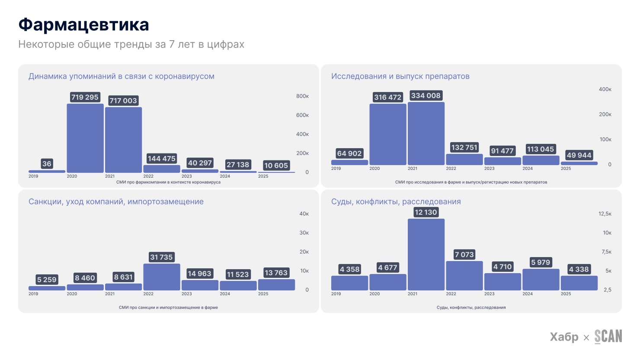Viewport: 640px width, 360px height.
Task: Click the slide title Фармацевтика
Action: (x=83, y=25)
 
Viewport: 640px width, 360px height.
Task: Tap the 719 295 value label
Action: (x=85, y=97)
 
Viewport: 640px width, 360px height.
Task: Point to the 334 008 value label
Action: (x=426, y=96)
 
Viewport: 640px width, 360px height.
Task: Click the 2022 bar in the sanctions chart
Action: (x=162, y=277)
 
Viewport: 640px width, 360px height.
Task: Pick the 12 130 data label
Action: (x=426, y=212)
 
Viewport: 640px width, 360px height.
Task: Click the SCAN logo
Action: (x=608, y=337)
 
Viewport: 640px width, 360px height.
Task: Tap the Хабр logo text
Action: (x=564, y=337)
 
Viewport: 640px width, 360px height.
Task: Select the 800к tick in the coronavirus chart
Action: (x=302, y=96)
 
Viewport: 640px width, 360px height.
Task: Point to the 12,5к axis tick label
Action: (x=605, y=214)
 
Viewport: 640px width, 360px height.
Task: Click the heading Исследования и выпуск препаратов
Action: (x=400, y=76)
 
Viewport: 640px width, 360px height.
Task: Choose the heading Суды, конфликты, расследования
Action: (x=396, y=202)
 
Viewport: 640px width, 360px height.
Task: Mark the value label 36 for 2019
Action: (x=47, y=164)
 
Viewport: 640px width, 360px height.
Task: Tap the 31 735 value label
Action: (x=161, y=257)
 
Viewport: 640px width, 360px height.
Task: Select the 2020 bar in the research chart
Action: (x=388, y=134)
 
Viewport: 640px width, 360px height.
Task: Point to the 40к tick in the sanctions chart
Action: (x=304, y=214)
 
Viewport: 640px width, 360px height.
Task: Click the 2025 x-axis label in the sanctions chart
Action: (x=263, y=294)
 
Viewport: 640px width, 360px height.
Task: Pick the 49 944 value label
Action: (x=579, y=155)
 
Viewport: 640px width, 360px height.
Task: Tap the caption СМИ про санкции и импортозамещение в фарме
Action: (x=168, y=308)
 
